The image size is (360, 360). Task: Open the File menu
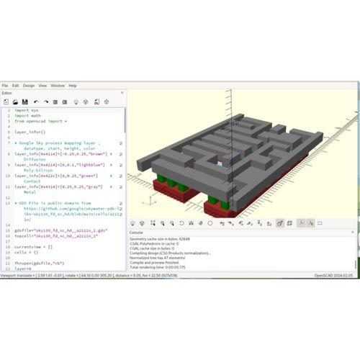[5, 86]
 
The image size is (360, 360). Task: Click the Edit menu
[15, 86]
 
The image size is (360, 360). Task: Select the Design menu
[28, 86]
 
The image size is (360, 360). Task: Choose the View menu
[42, 86]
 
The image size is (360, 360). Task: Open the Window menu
[58, 86]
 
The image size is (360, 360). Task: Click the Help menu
[73, 86]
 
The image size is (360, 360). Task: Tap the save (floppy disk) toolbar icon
[25, 102]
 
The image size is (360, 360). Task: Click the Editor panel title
[7, 93]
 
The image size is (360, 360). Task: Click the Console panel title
[136, 233]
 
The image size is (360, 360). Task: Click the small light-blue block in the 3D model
[220, 163]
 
